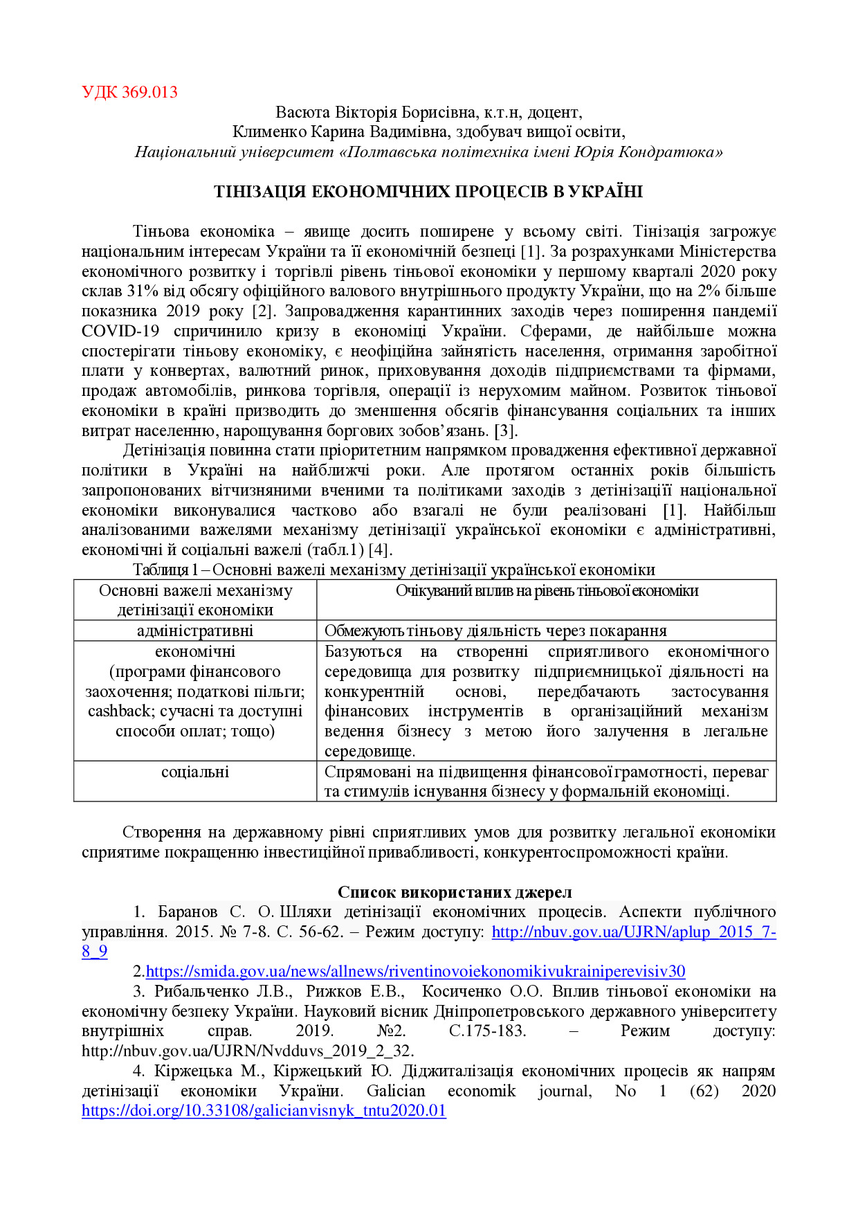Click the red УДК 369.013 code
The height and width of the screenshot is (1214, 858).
click(129, 92)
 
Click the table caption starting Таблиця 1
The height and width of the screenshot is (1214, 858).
click(394, 570)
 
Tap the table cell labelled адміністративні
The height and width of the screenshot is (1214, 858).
click(195, 631)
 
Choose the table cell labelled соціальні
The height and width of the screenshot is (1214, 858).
click(195, 772)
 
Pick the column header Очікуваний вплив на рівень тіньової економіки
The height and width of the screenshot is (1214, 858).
click(547, 591)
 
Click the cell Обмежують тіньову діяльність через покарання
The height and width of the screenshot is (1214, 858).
click(495, 631)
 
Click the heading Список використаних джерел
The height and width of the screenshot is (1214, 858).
click(455, 892)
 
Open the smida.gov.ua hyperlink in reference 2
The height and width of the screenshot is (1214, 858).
click(415, 972)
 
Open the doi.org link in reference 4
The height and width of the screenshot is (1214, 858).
click(264, 1111)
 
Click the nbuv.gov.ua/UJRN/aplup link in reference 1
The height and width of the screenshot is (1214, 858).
click(633, 932)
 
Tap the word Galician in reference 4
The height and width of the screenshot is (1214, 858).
click(396, 1091)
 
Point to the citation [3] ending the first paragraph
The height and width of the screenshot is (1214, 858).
click(505, 431)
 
